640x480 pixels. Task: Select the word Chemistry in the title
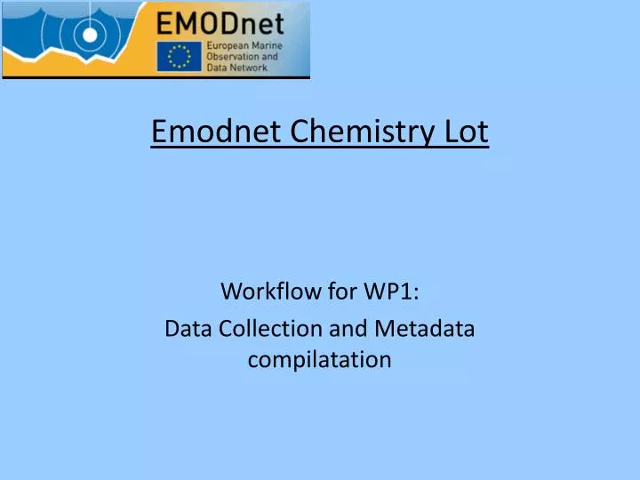(x=345, y=132)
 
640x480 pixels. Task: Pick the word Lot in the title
(x=467, y=132)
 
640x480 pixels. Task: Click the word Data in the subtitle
(x=186, y=328)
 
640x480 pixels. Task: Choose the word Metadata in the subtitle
(x=423, y=328)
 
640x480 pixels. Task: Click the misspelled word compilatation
(x=320, y=360)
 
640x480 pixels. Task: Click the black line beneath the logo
(x=156, y=78)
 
